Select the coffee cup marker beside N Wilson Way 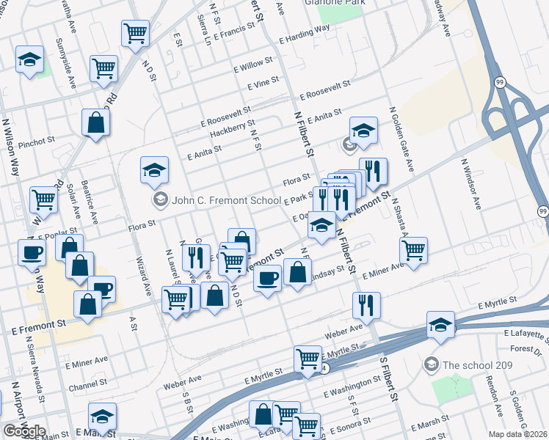coord(32,253)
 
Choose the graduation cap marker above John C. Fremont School coord(154,170)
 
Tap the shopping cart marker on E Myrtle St coord(308,359)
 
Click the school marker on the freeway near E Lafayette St coord(440,324)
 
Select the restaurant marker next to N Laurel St coord(195,257)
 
